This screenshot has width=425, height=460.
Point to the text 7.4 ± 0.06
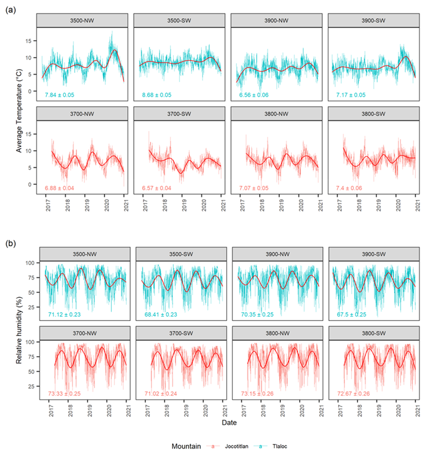click(350, 188)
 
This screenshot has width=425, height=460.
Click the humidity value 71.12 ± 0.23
click(65, 314)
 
